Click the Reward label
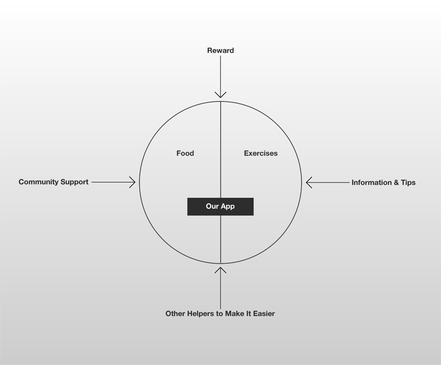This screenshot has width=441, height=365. pos(220,51)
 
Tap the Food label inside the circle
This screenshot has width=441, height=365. pos(185,153)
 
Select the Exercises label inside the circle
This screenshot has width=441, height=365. pos(261,153)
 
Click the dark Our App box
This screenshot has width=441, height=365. pos(220,207)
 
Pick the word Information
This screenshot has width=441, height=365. pos(372,182)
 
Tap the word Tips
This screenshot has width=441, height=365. pos(408,182)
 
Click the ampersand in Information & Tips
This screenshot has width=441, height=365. pos(396,182)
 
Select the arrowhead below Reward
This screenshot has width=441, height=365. pos(220,95)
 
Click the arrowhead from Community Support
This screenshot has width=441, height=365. pos(132,182)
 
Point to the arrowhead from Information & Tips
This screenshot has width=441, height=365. pos(309,182)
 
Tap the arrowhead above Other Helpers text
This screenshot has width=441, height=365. pos(220,270)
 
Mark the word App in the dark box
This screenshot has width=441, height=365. pos(228,207)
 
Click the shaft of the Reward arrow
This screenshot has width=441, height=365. pos(220,77)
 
